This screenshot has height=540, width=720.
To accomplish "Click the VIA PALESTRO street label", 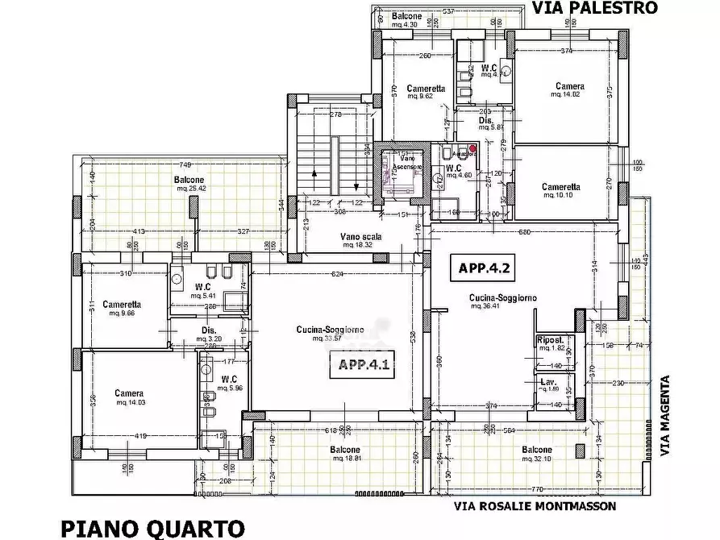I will [x=595, y=8].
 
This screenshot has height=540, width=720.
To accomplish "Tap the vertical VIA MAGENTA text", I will [x=666, y=416].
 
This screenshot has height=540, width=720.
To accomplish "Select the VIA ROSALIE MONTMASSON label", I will [x=535, y=506].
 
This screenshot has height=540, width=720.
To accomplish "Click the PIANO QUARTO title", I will [x=152, y=528].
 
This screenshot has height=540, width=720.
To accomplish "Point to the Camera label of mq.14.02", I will [x=570, y=86].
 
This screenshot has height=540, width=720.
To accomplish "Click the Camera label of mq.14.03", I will [x=129, y=393].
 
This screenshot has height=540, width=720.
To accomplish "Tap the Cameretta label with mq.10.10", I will [x=561, y=186].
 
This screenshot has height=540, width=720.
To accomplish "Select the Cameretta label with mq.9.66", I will [x=123, y=305].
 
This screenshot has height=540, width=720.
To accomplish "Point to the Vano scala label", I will [x=360, y=237].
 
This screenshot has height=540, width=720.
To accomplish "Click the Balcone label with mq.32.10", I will [x=537, y=450].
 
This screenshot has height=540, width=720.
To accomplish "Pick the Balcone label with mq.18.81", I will [x=344, y=450].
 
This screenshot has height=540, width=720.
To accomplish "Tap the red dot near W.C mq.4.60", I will [x=473, y=147].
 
